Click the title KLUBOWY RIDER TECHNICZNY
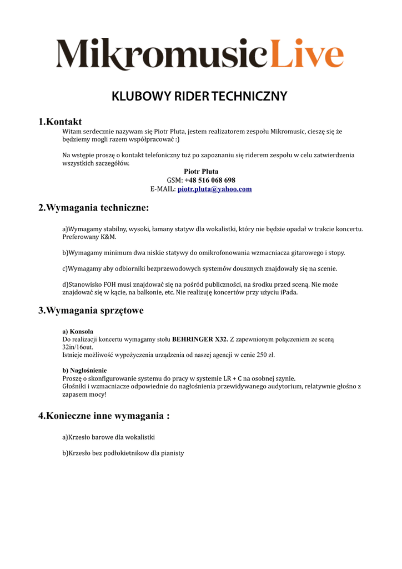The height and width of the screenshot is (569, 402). tap(200, 96)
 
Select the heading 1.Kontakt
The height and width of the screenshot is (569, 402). tap(60, 121)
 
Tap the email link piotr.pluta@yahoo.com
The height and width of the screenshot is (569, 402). tap(214, 189)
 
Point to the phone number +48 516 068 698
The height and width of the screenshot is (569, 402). tap(210, 180)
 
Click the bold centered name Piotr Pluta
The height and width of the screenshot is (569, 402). tap(201, 171)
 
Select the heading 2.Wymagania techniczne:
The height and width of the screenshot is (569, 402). tap(93, 208)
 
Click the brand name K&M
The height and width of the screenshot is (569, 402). tap(108, 237)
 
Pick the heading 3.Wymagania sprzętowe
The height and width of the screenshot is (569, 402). tap(91, 310)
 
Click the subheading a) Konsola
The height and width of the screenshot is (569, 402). tap(77, 331)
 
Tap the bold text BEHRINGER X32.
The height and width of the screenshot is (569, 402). tap(200, 338)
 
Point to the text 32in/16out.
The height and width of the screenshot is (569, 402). tap(78, 347)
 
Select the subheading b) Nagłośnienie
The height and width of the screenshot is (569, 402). tap(84, 370)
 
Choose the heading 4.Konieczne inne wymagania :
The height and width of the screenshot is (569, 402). tap(103, 416)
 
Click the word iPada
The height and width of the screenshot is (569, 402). tap(288, 292)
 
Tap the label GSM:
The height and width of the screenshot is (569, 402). tap(175, 180)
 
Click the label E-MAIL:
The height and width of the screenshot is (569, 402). tap(163, 189)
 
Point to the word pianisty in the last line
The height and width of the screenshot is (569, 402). tap(172, 453)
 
